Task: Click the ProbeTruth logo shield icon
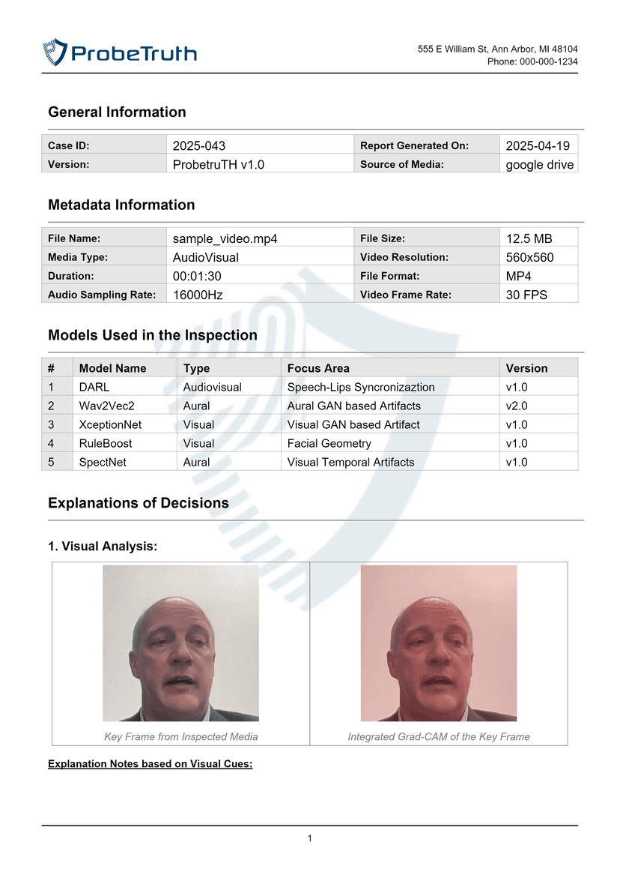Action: coord(55,52)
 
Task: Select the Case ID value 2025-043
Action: coord(198,145)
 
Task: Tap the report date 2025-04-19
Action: coord(538,145)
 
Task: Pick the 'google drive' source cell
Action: coord(540,164)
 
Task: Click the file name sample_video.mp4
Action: coord(225,238)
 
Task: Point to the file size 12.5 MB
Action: coord(529,238)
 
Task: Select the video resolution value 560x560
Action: coord(530,257)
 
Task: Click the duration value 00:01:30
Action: coord(197,276)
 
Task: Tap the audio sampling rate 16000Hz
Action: coord(198,295)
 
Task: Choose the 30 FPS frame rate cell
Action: coord(526,295)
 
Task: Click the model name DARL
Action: coord(94,387)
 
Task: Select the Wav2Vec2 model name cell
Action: coord(106,406)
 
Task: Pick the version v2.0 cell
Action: coord(517,406)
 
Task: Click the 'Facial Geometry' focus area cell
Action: coord(329,443)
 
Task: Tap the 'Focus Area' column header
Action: coord(318,368)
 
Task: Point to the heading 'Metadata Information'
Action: coord(121,205)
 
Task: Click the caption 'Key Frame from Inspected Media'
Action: coord(180,737)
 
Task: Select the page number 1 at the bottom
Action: coord(309,838)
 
